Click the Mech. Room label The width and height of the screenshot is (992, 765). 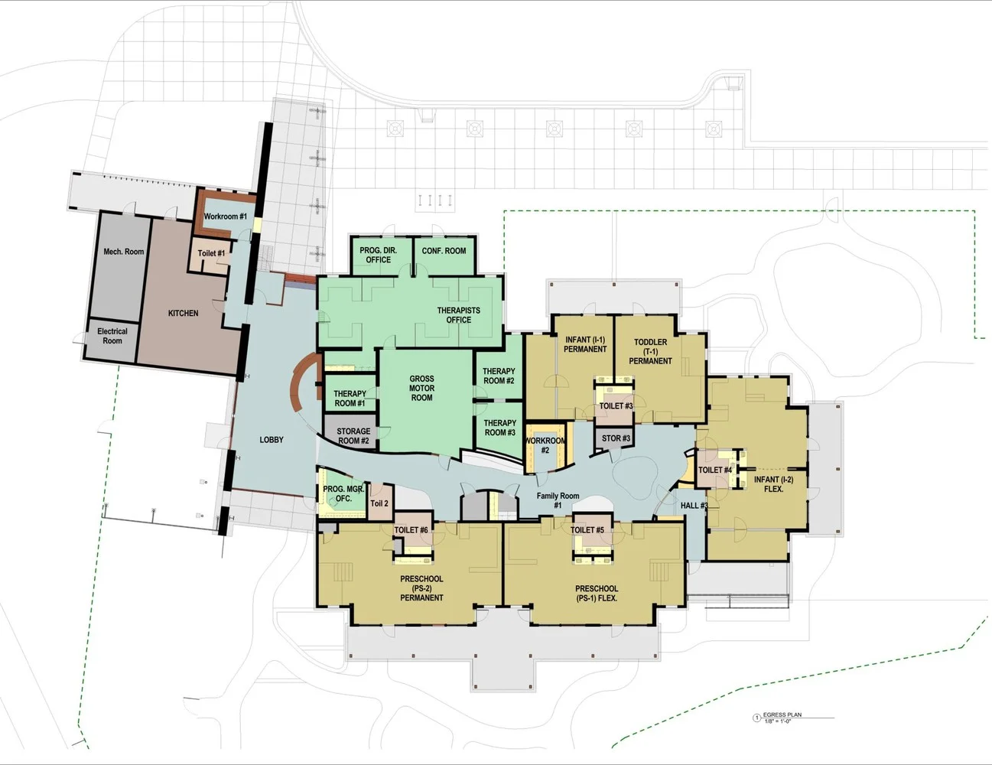pos(124,252)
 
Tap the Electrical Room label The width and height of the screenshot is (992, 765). pos(112,336)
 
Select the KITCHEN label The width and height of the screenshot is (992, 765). pos(183,313)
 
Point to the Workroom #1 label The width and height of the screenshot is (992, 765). pos(225,216)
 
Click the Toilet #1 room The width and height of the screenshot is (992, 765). pos(210,256)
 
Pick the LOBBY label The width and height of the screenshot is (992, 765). pos(272,440)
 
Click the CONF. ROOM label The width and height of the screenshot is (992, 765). pos(444,251)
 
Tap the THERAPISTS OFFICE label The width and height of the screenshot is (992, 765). pos(459,315)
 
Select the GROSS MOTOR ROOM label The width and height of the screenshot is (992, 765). pos(422,388)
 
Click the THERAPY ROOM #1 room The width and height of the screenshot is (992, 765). pos(350,393)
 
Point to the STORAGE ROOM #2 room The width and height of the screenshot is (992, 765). pos(350,431)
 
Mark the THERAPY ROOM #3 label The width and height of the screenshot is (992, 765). pos(500,428)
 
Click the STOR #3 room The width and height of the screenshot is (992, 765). pos(616,438)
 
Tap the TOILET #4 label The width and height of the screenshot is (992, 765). pos(715,470)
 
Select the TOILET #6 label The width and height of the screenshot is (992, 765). pos(411,530)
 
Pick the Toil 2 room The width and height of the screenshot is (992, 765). pos(380,502)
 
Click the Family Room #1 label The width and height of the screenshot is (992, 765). pos(558,500)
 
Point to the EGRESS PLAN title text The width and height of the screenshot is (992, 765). pos(782,715)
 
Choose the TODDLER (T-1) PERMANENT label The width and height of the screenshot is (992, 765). pos(651,351)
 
